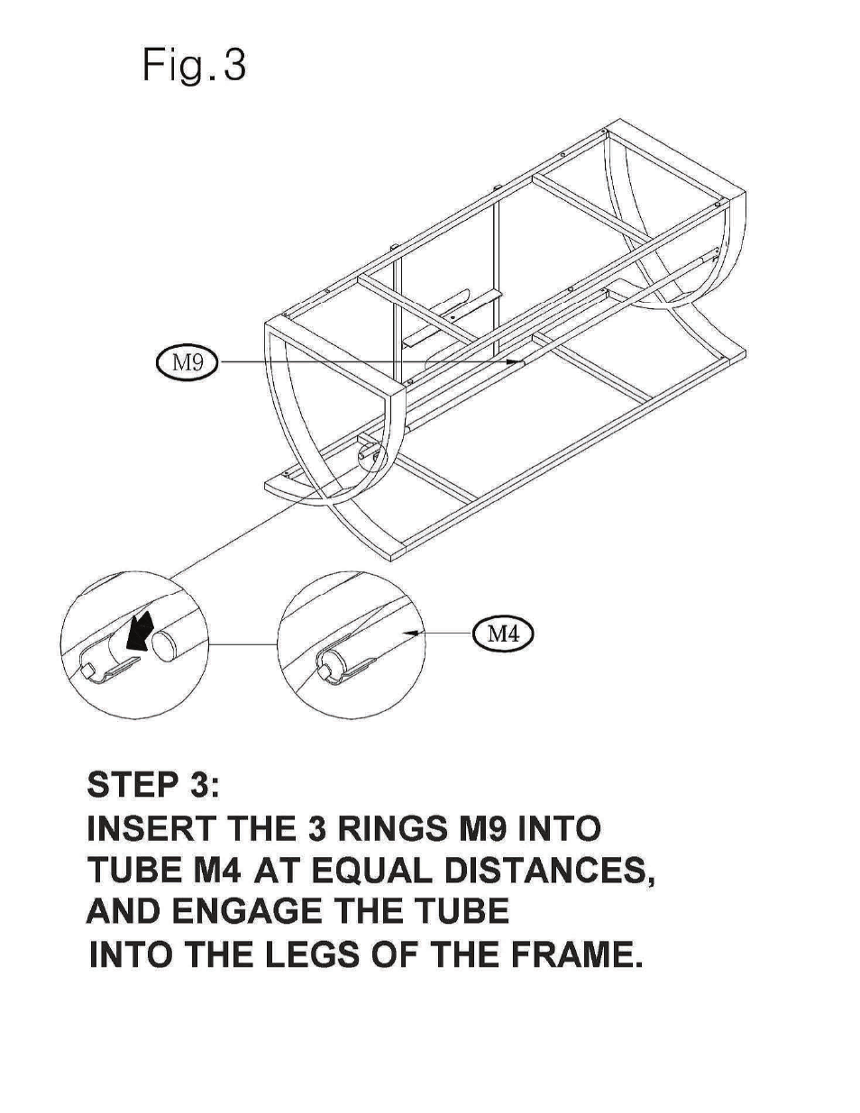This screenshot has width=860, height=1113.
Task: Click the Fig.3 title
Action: tap(194, 66)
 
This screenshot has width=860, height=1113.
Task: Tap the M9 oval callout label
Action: tap(187, 362)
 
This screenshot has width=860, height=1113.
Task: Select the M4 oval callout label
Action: tap(503, 633)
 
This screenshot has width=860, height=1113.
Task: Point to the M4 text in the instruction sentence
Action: tap(217, 871)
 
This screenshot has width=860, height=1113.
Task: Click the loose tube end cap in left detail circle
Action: tap(168, 647)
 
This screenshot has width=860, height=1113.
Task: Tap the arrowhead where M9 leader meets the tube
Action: tap(522, 362)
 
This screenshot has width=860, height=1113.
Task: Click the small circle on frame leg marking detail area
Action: tap(367, 457)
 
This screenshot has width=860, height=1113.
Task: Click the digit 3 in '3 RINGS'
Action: tap(315, 828)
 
